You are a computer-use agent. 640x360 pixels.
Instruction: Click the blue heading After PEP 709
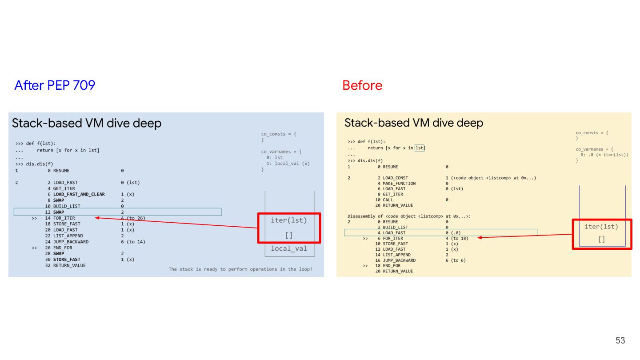[55, 85]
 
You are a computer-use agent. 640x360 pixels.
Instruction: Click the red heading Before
[362, 85]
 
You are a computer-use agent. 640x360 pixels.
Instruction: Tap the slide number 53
[620, 340]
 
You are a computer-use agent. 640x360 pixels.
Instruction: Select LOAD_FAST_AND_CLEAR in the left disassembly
[79, 194]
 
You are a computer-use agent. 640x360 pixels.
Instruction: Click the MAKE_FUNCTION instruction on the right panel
[399, 183]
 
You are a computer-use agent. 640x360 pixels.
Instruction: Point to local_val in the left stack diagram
[289, 248]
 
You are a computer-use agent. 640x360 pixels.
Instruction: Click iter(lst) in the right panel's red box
[601, 227]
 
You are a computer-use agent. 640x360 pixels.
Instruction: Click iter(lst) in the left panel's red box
[289, 220]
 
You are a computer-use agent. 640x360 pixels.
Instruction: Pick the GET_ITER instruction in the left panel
[64, 188]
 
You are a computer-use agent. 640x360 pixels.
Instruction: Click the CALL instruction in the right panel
[388, 200]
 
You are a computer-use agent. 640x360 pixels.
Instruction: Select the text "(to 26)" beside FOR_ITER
[136, 218]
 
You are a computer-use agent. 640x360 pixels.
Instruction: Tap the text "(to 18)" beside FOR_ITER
[459, 238]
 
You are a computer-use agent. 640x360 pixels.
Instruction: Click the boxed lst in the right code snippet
[420, 148]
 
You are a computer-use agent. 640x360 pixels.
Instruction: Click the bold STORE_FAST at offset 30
[67, 259]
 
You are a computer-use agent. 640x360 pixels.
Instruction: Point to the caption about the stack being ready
[240, 269]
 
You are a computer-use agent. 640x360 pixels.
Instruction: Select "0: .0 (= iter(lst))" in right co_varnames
[604, 155]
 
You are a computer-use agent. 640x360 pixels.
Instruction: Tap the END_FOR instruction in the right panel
[391, 265]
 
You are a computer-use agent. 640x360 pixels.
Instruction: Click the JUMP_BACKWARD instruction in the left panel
[71, 242]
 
